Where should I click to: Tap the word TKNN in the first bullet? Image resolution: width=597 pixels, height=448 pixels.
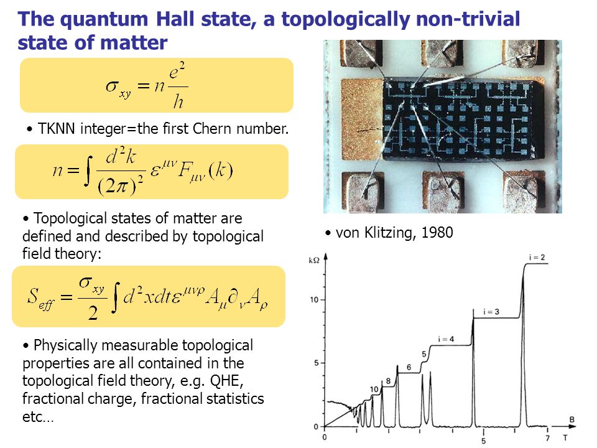click(x=57, y=129)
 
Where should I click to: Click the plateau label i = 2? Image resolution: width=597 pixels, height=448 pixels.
click(x=537, y=258)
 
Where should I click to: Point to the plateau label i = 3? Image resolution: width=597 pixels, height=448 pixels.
click(x=491, y=312)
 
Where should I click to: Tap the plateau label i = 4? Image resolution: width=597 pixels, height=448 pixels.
click(x=446, y=339)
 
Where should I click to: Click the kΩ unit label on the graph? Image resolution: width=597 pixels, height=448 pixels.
click(x=314, y=260)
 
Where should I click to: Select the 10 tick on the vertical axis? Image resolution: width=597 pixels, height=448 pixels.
click(x=313, y=300)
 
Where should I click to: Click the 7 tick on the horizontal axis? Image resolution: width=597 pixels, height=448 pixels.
click(x=547, y=438)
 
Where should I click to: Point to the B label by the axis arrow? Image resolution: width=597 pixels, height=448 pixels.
click(x=572, y=419)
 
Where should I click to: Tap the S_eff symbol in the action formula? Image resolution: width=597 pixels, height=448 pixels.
click(x=41, y=298)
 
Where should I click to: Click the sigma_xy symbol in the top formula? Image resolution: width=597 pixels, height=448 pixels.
click(x=118, y=88)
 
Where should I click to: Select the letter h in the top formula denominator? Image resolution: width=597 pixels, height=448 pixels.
click(x=178, y=101)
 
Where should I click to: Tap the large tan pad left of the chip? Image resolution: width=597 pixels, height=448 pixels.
click(x=361, y=119)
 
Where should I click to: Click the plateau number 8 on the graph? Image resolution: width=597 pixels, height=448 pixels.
click(x=388, y=381)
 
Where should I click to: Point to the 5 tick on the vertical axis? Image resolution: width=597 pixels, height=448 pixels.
click(x=316, y=363)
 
